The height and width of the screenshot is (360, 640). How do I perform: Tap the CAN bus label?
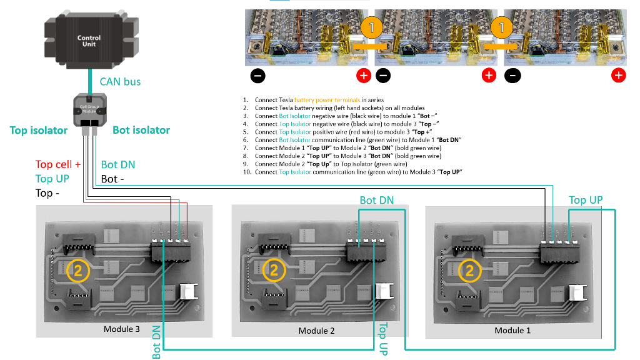[120, 81]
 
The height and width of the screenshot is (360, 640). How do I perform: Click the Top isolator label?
[39, 130]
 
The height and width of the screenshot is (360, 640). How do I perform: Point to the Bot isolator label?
[141, 130]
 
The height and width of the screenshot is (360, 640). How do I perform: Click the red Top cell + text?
[58, 164]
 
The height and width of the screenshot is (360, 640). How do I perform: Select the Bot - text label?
[112, 179]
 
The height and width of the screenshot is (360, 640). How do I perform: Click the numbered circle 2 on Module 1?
[469, 271]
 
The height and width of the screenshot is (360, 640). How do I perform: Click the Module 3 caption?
[124, 329]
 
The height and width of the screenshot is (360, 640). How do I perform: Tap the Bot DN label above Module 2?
[377, 201]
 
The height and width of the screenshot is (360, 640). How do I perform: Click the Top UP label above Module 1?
[586, 200]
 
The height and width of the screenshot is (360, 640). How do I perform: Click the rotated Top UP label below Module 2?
[383, 339]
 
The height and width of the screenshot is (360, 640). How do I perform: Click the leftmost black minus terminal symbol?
[258, 76]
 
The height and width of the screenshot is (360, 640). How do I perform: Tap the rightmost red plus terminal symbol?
[618, 76]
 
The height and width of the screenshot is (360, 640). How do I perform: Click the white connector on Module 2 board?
[382, 293]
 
